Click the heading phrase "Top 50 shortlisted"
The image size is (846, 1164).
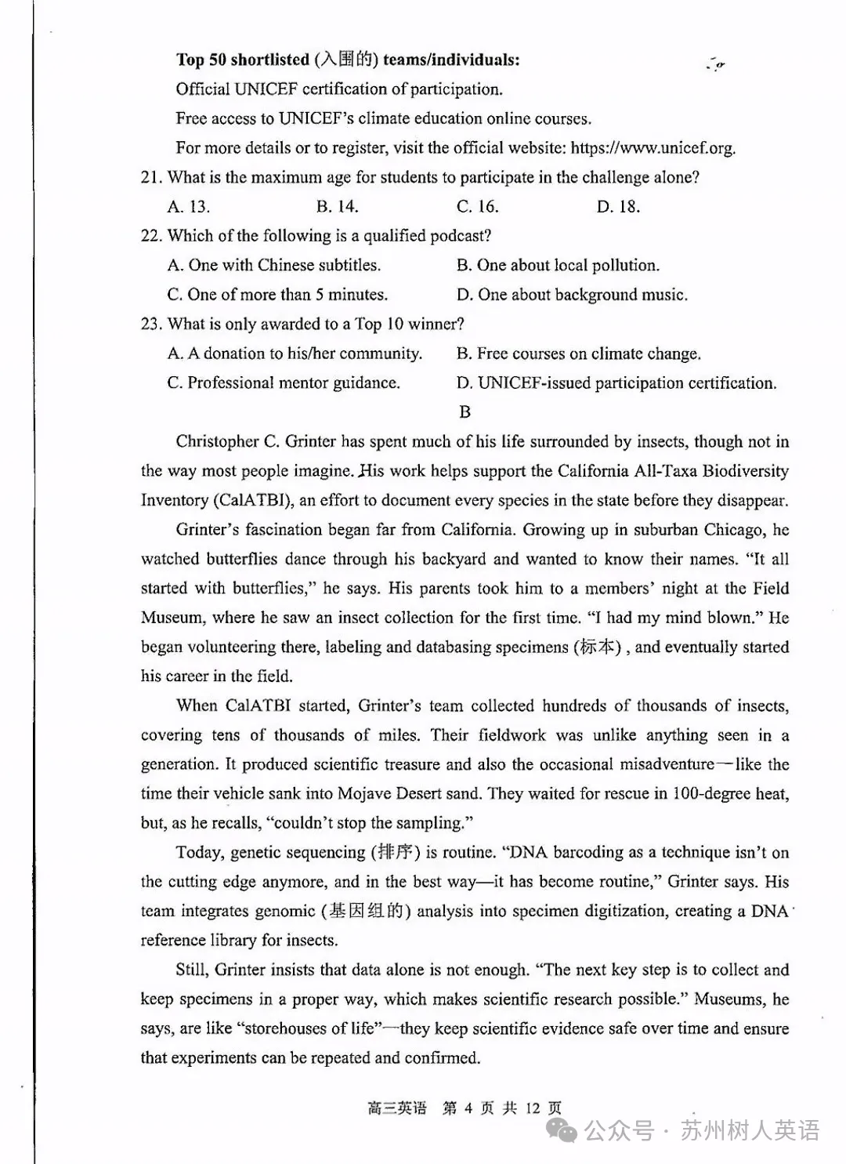(243, 60)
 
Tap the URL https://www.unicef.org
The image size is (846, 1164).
(653, 148)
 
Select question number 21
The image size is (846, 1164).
(151, 178)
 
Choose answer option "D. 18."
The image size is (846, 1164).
(618, 207)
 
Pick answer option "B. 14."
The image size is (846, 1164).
(337, 207)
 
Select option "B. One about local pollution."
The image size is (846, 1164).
(558, 266)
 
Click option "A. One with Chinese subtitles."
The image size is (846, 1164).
(274, 266)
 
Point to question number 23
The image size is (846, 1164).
(151, 325)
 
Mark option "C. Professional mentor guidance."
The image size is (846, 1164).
(284, 383)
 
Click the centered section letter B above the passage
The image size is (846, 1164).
(465, 412)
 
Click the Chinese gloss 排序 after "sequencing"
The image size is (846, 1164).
(395, 853)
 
